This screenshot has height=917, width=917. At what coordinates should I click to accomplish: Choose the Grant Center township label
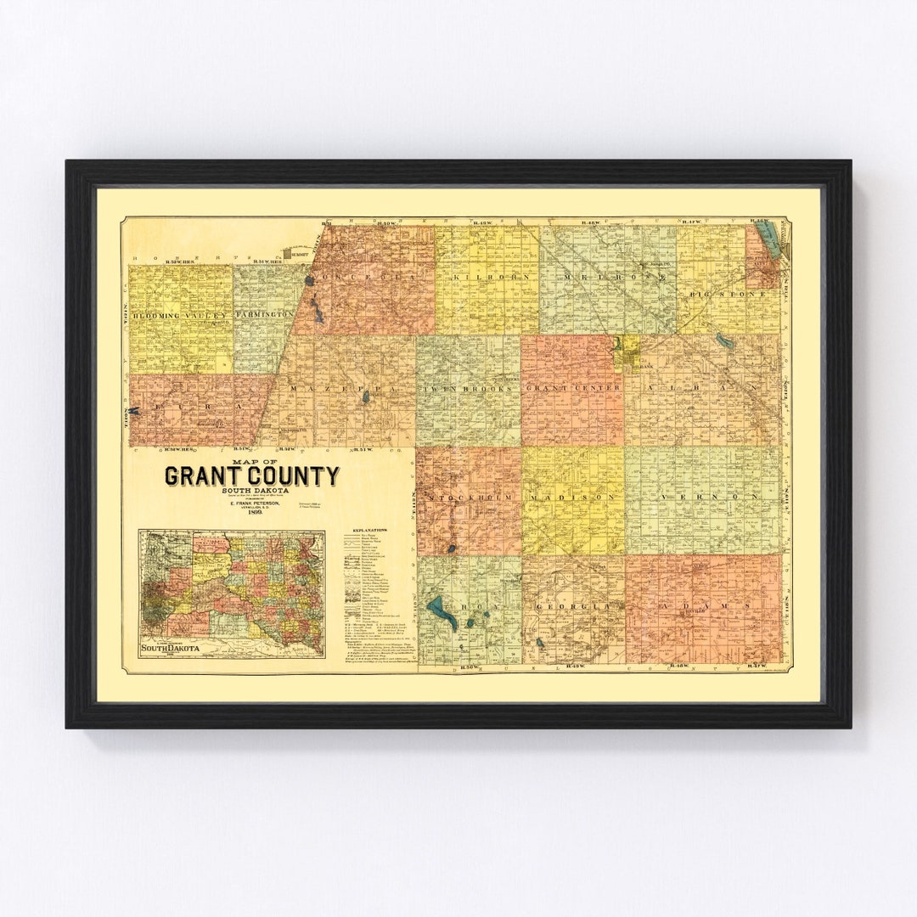coord(571,388)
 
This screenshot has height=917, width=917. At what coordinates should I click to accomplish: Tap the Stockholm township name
coord(469,496)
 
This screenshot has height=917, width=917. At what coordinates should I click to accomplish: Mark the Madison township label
coord(573,496)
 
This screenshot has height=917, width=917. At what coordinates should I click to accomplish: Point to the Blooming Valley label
coord(179,316)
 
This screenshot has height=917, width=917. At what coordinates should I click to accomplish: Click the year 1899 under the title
coord(251,513)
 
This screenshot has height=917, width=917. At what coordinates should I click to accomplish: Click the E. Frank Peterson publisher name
coord(251,504)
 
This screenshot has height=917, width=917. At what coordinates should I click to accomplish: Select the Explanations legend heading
coord(366,529)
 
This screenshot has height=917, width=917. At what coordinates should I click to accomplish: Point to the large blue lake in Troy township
coord(442,610)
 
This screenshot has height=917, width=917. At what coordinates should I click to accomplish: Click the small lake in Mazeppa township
coord(366,397)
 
